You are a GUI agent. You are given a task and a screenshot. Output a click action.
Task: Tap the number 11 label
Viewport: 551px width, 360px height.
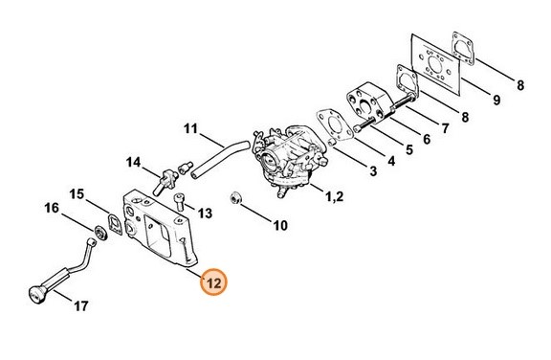click(189, 127)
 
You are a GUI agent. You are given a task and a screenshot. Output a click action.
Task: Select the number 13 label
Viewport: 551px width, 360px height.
click(204, 210)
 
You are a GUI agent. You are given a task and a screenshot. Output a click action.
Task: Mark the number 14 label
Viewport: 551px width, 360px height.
click(133, 162)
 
